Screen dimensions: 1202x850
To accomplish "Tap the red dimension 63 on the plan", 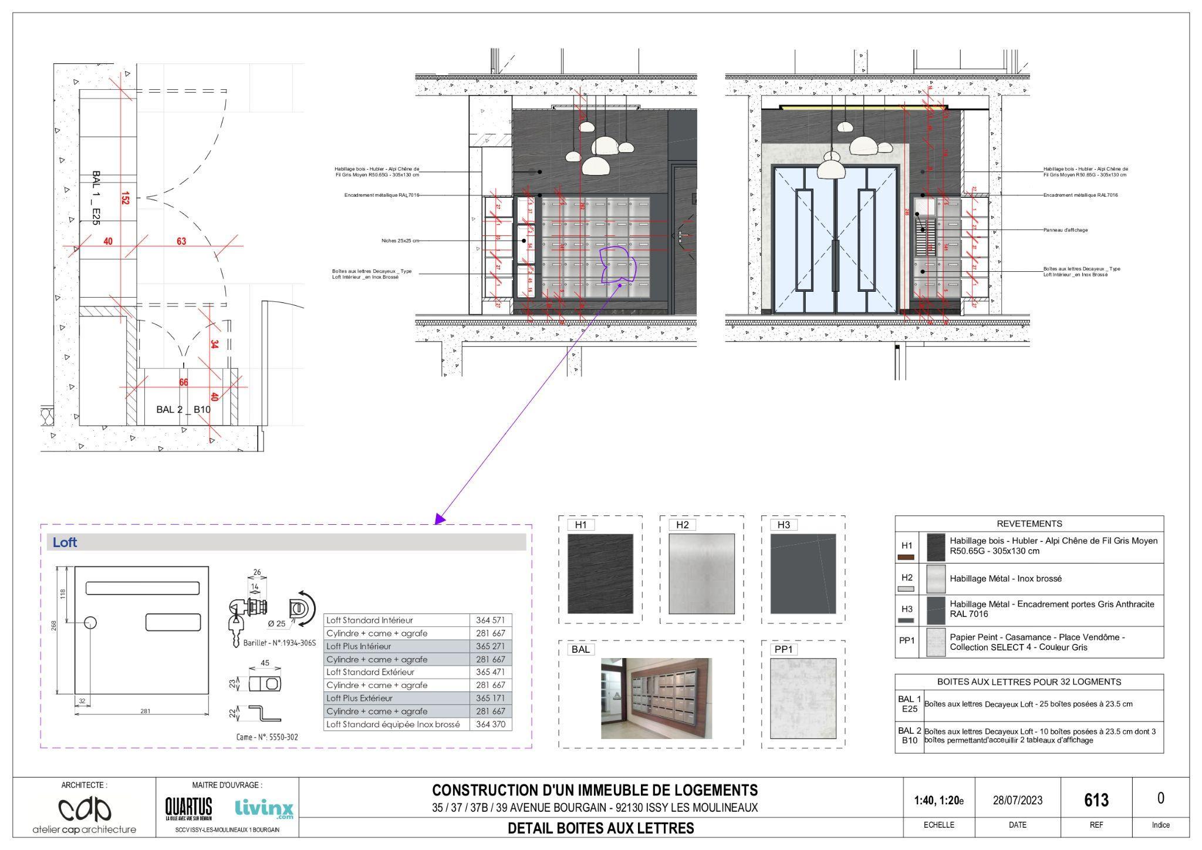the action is click(181, 241).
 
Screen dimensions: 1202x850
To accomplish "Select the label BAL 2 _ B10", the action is click(183, 409).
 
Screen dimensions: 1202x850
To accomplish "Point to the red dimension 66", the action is click(184, 383).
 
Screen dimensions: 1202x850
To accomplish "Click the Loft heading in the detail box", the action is click(65, 542).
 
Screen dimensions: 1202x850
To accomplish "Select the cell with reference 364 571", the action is click(491, 620).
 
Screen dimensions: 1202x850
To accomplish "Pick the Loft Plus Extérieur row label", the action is click(360, 699).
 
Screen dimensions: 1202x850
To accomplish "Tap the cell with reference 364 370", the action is click(491, 724).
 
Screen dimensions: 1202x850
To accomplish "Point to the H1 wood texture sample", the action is click(600, 574).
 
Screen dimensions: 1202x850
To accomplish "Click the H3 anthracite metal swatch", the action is click(803, 574).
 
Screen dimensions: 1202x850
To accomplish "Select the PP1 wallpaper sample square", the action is click(803, 698).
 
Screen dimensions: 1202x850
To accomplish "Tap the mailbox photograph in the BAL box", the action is click(656, 698).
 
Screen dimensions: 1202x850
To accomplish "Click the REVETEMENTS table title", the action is click(1029, 524).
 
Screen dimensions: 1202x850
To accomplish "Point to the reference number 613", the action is click(1096, 800).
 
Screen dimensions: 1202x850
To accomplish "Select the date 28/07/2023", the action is click(1017, 800).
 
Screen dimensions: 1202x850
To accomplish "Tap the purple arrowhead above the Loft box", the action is click(439, 519).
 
